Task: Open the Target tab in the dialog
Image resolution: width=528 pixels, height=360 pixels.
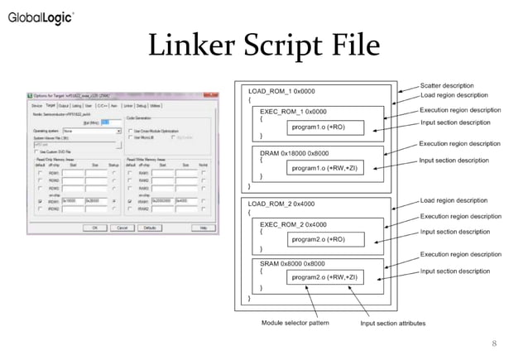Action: [x=50, y=106]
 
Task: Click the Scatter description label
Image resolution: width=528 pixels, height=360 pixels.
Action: [x=448, y=85]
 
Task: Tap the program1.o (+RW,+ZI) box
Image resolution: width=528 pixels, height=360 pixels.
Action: [x=330, y=168]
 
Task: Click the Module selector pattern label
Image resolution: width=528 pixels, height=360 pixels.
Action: [x=295, y=323]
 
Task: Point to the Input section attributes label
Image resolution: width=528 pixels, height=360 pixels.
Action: [x=393, y=323]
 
